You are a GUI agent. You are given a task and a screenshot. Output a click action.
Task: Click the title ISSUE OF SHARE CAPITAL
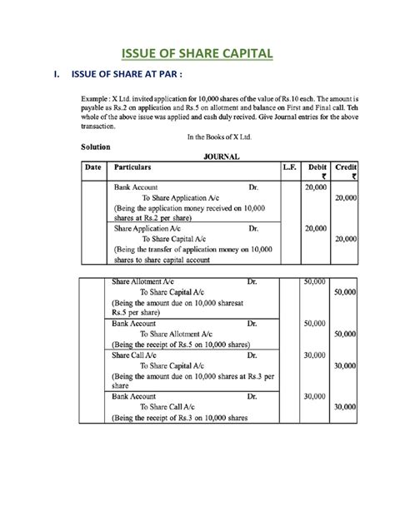pyautogui.click(x=197, y=56)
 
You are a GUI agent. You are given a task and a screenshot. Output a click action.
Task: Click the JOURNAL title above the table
pyautogui.click(x=217, y=156)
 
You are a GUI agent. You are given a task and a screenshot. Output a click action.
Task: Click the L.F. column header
pyautogui.click(x=290, y=167)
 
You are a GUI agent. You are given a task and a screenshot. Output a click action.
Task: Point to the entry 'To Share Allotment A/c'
pyautogui.click(x=177, y=333)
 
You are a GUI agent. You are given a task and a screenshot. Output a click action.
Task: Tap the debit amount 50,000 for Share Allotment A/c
pyautogui.click(x=317, y=283)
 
